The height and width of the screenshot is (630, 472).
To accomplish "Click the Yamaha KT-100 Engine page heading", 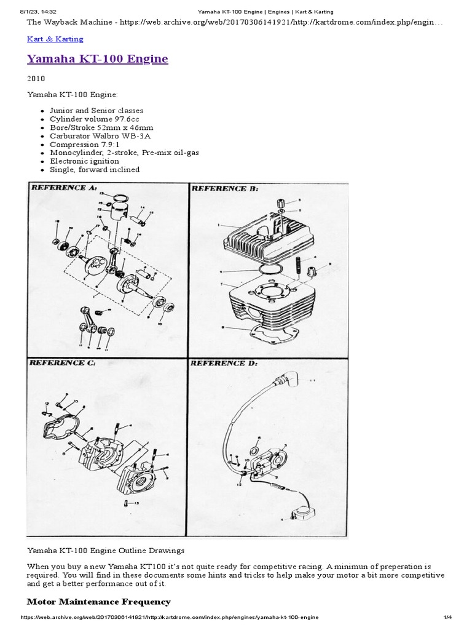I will [97, 59].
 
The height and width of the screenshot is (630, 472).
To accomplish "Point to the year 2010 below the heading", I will [36, 79].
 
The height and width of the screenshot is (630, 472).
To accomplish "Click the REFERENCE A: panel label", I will [62, 188].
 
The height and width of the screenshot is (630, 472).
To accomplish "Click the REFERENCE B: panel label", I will [224, 189].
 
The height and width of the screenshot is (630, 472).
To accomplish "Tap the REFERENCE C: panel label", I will [62, 364].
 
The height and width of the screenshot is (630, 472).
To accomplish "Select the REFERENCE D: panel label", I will [224, 364].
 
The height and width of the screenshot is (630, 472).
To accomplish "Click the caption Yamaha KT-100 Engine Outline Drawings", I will [105, 550].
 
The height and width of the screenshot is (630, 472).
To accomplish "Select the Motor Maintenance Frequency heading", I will [99, 601].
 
